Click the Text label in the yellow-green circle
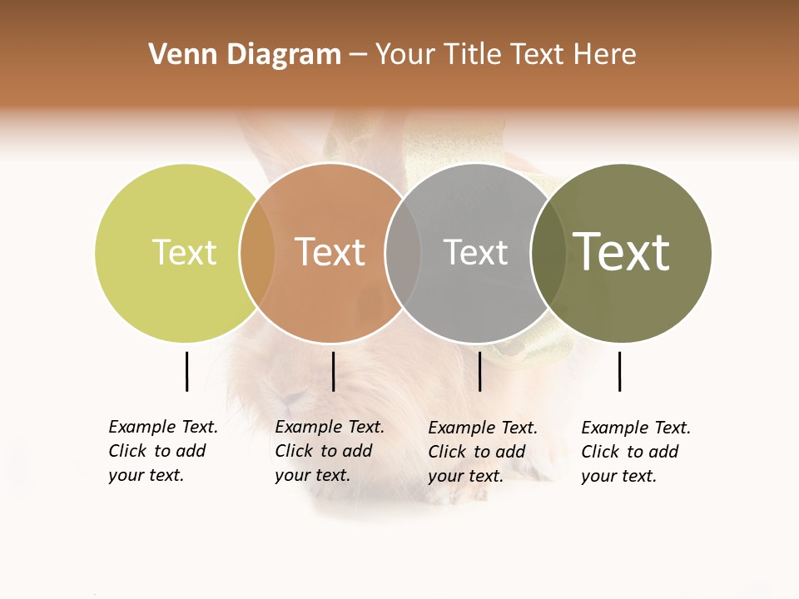[184, 252]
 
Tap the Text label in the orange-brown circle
[330, 252]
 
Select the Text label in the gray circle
[475, 252]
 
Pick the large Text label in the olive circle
[621, 252]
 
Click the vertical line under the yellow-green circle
[186, 371]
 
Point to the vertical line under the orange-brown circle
[333, 371]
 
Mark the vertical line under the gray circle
[479, 371]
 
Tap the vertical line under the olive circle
[619, 371]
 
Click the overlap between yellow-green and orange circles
[257, 253]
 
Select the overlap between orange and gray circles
[403, 253]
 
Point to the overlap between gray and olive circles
[548, 253]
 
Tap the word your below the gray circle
[444, 476]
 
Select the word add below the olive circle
[663, 452]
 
